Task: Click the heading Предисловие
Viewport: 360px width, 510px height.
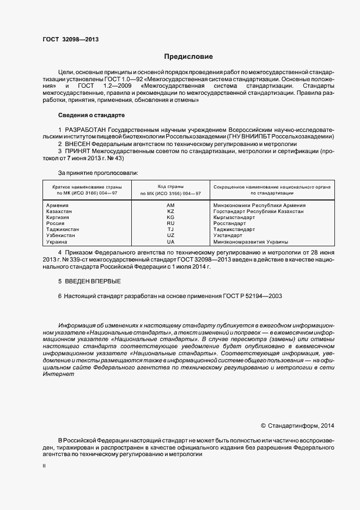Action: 189,57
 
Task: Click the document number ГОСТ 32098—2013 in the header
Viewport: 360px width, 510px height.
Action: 71,39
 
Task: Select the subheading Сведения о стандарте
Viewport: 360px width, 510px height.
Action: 91,116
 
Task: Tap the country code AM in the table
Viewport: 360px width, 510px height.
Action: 170,205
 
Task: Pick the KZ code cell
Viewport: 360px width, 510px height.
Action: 170,211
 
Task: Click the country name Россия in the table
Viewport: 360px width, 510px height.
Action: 56,223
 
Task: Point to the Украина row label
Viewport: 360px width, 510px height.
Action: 57,241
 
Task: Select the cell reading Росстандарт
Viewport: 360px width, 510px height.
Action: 230,223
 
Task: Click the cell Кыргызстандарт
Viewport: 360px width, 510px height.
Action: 235,217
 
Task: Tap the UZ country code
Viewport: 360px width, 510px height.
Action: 170,235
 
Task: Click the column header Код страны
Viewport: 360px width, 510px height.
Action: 170,186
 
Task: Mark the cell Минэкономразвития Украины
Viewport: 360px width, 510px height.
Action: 251,241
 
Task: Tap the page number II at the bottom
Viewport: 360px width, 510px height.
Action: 44,466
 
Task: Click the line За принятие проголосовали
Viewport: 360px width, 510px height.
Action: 98,173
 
